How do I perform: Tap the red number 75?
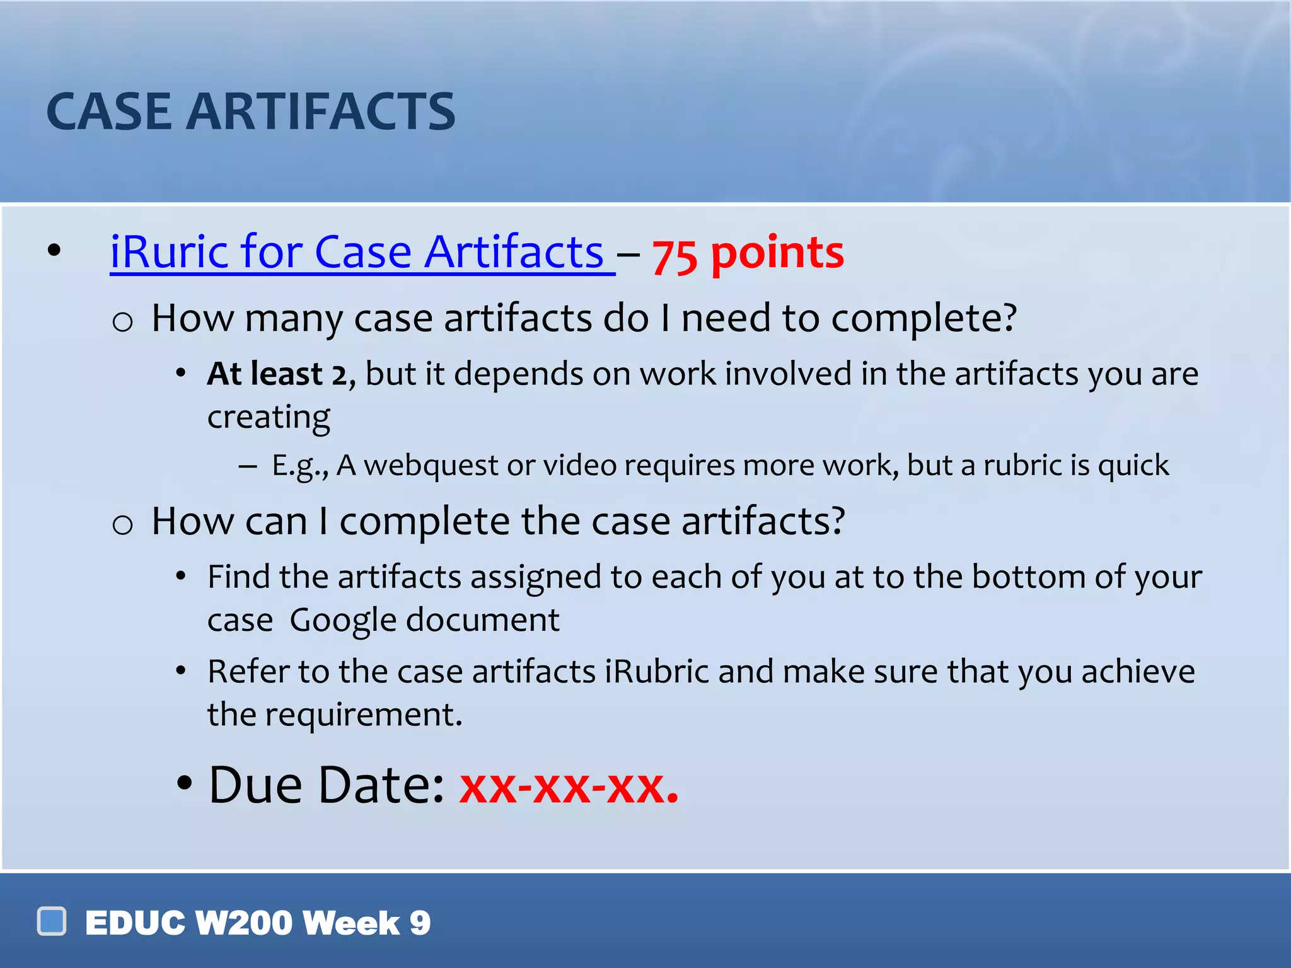(674, 256)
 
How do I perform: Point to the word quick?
(1133, 466)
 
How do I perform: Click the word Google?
(342, 620)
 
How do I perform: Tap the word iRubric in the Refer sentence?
(657, 671)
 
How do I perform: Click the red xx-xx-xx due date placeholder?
(569, 786)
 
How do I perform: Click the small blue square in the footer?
(52, 921)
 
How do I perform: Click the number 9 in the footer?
(420, 923)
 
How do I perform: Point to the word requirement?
(363, 715)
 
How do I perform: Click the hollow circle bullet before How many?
(122, 322)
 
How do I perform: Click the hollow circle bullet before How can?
(122, 524)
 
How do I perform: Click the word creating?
(269, 417)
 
